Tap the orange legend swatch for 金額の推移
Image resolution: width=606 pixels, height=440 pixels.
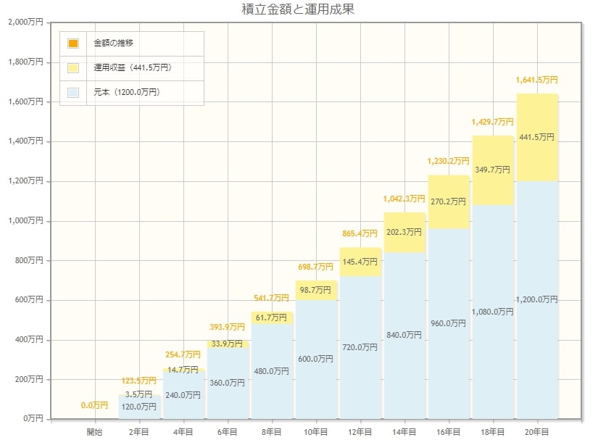(x=73, y=43)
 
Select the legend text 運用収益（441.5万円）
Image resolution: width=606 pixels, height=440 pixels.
(x=132, y=68)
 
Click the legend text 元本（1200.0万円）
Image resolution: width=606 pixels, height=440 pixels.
(x=126, y=93)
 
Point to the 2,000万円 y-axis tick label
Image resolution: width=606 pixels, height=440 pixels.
(x=27, y=22)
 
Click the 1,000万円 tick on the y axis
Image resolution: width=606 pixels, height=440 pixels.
(x=27, y=221)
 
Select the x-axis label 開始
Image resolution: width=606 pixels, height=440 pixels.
(x=95, y=431)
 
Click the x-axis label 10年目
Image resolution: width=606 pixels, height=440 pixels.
(x=315, y=431)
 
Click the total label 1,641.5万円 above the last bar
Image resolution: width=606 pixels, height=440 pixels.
(x=536, y=80)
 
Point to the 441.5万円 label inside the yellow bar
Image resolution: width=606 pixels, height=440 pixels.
(x=536, y=136)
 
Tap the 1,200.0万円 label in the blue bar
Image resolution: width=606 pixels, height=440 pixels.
(x=536, y=299)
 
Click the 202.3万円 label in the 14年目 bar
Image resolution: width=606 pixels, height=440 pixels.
(x=404, y=232)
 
